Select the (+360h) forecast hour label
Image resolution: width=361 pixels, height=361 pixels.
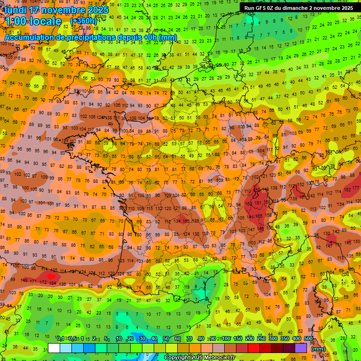(x=83, y=21)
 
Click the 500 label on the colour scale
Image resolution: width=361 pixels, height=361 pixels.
(x=308, y=339)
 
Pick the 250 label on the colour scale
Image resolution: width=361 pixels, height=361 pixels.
(x=261, y=339)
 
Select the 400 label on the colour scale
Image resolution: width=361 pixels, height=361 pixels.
(x=297, y=339)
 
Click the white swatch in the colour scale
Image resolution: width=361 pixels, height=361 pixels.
(x=54, y=348)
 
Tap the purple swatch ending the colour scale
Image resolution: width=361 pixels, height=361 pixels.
(x=301, y=348)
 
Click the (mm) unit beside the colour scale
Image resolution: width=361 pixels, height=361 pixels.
(x=318, y=348)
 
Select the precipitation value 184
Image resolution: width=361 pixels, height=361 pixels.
(x=52, y=283)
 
